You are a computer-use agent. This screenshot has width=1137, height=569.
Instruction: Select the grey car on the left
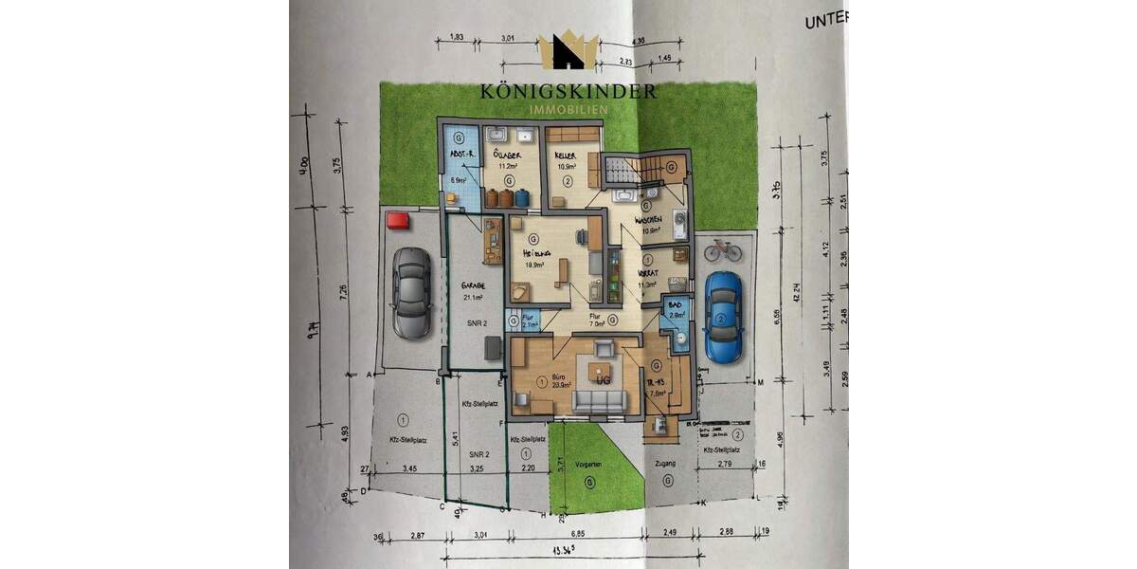point(411,292)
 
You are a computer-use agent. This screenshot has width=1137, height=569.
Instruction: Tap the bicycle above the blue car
point(723,250)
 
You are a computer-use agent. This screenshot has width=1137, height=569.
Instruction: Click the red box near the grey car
point(397,221)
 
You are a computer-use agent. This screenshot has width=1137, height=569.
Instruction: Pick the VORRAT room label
point(647,273)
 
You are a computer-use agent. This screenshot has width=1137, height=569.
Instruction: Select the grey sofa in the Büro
point(600,406)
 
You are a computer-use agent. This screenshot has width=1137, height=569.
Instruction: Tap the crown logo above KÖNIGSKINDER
point(568,51)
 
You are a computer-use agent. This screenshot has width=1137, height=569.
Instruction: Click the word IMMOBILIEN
point(568,110)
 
